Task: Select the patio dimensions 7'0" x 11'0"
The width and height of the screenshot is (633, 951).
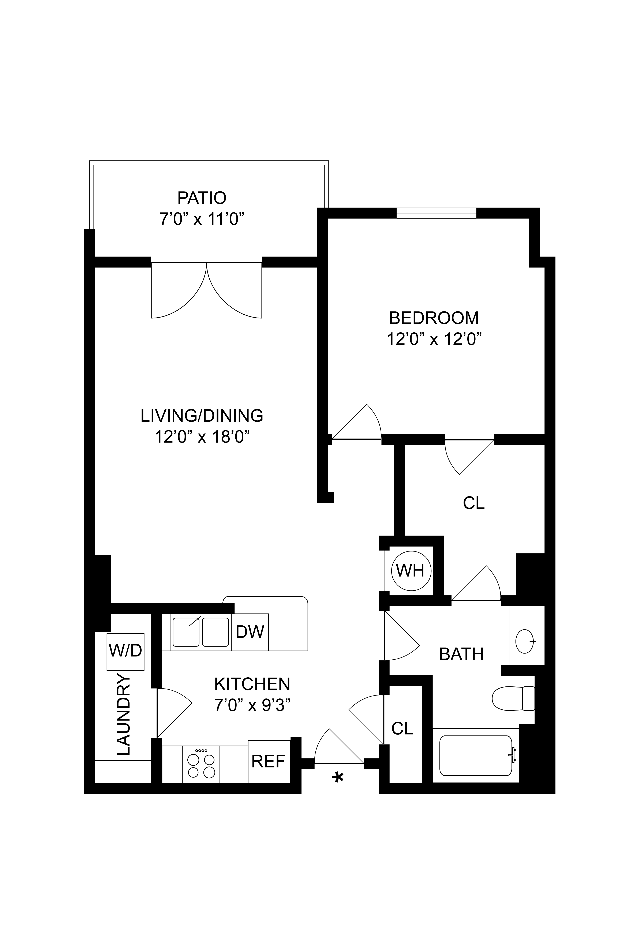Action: [x=202, y=220]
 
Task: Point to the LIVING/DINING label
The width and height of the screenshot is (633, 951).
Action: [x=202, y=416]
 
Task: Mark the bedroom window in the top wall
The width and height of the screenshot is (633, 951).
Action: [x=436, y=213]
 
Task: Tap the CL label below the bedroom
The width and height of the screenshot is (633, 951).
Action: [x=474, y=503]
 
